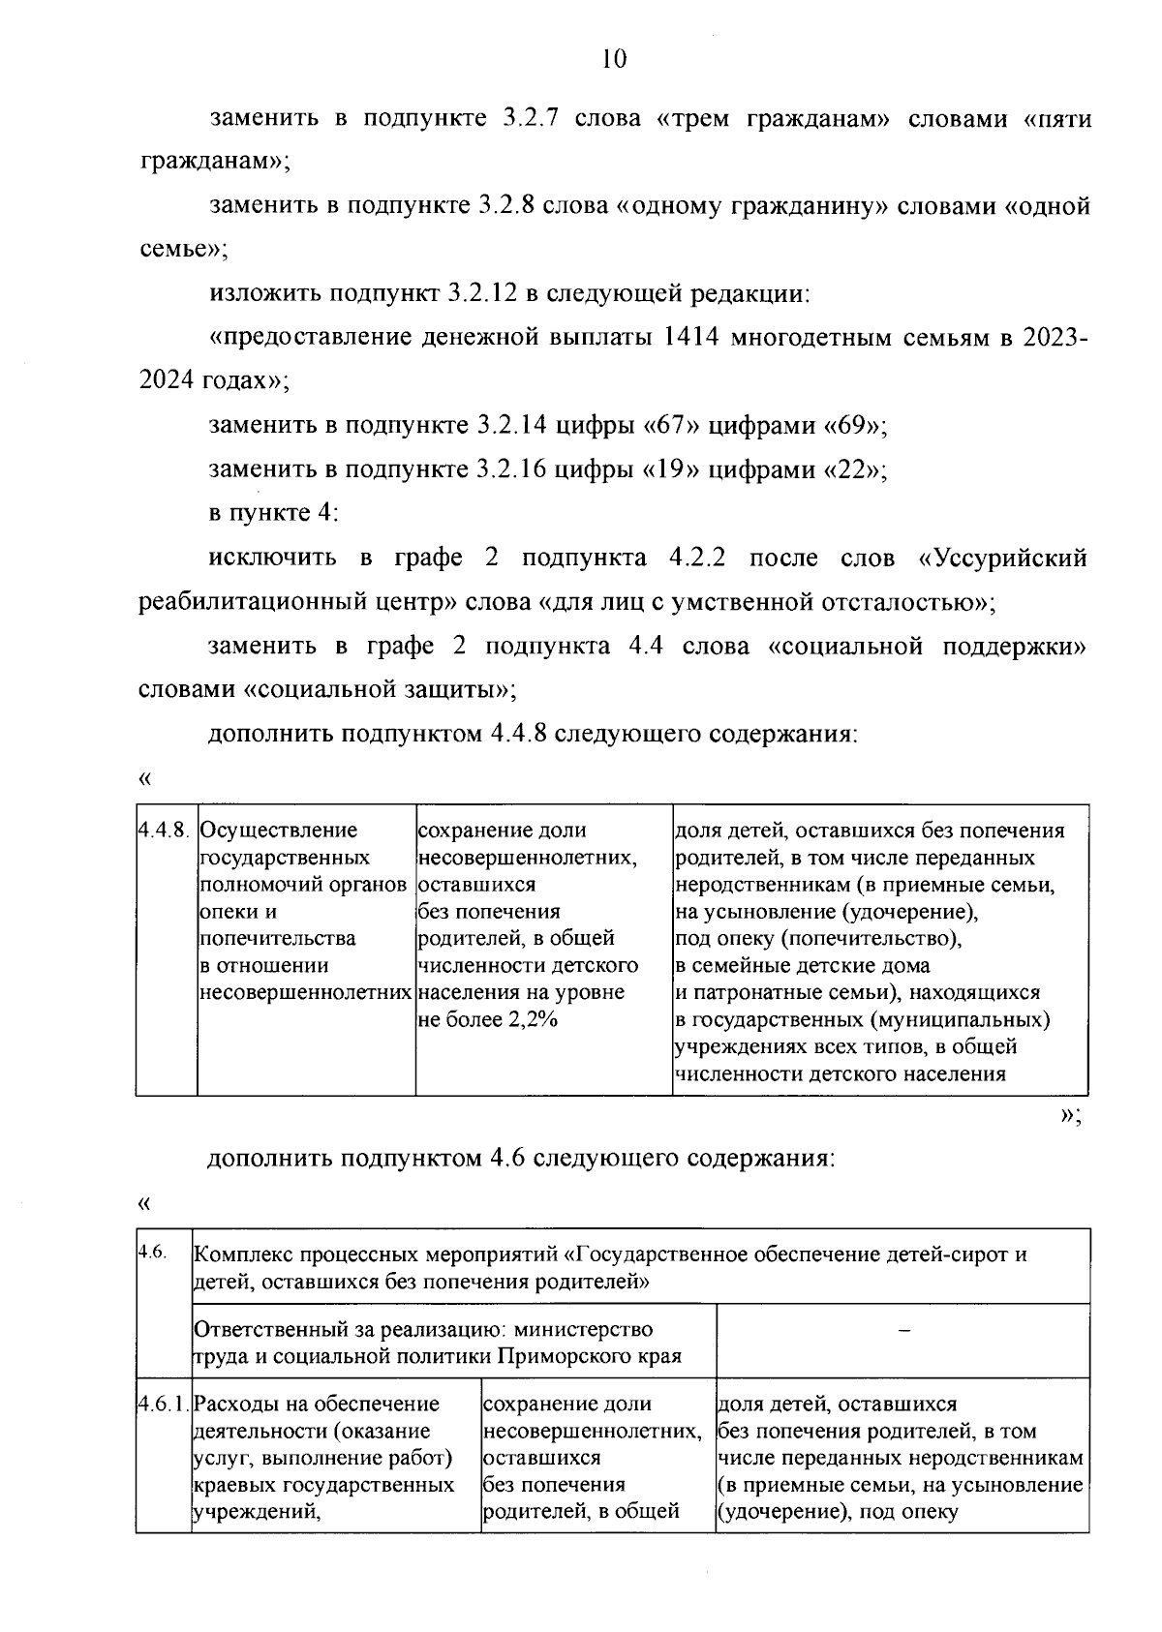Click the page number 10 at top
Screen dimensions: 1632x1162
click(614, 59)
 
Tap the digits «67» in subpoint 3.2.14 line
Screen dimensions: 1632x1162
click(664, 426)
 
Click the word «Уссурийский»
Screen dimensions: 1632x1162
click(1002, 559)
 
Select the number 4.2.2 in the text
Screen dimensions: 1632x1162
click(698, 559)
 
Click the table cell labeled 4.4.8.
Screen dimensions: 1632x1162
click(166, 831)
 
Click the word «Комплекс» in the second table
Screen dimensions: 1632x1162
click(238, 1255)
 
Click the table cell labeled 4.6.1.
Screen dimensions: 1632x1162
click(164, 1404)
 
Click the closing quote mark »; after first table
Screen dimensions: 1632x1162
click(1070, 1115)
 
